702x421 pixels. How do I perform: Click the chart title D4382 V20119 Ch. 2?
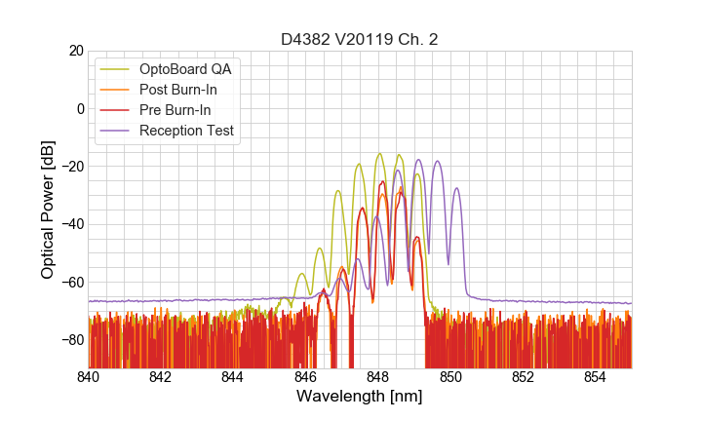click(x=359, y=39)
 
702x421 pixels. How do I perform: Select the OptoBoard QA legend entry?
click(x=186, y=69)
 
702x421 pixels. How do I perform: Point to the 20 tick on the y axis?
click(x=74, y=51)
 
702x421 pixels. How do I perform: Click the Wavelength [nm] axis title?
click(x=359, y=398)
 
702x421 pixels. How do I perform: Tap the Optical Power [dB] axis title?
click(x=48, y=209)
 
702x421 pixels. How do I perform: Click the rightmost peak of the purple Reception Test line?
click(x=455, y=188)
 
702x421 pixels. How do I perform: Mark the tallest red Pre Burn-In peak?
click(x=383, y=181)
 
